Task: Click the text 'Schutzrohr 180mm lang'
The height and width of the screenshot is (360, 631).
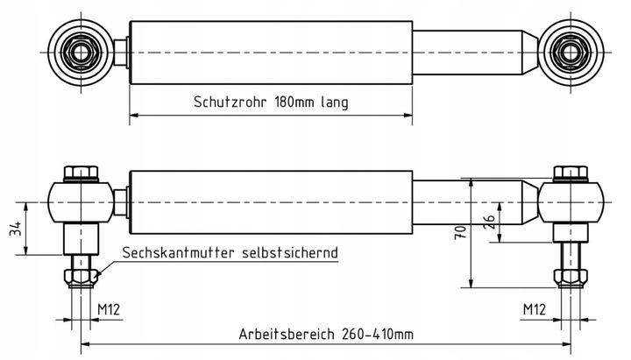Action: pyautogui.click(x=271, y=102)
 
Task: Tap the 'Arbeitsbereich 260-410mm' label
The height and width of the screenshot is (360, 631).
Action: pyautogui.click(x=325, y=335)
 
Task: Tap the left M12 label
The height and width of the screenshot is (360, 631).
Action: pyautogui.click(x=109, y=309)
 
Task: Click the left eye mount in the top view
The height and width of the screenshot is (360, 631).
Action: pyautogui.click(x=81, y=52)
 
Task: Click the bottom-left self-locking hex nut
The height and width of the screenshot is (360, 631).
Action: pyautogui.click(x=81, y=279)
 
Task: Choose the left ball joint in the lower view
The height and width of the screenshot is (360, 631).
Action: pyautogui.click(x=81, y=202)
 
